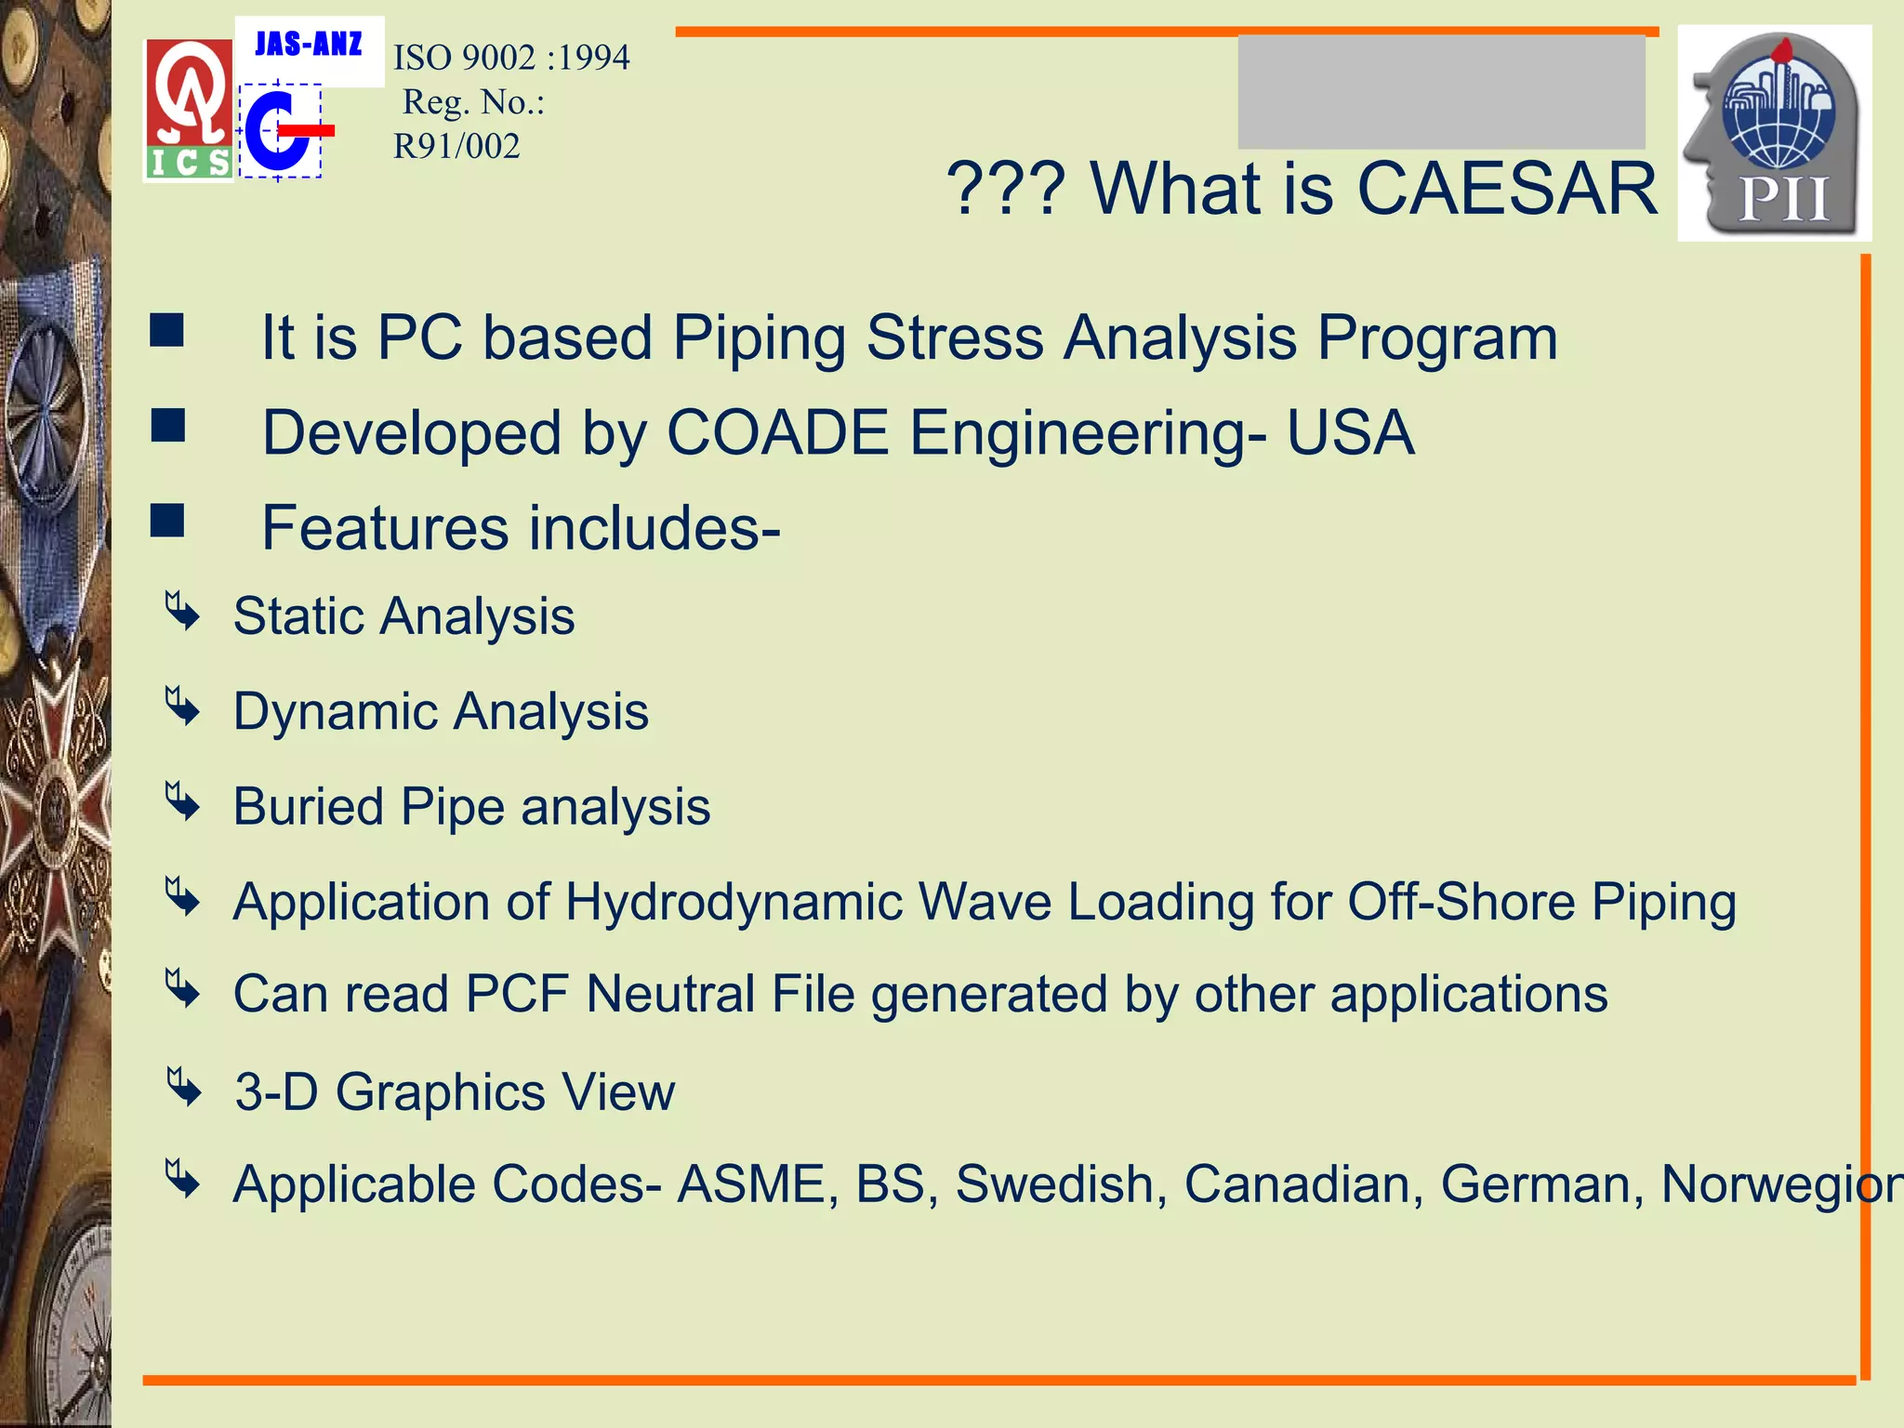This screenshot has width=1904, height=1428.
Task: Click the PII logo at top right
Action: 1774,133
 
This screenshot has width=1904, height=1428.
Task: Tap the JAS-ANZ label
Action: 309,45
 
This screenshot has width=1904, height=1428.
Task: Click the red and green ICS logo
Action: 189,110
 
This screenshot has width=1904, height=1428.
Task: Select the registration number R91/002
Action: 456,146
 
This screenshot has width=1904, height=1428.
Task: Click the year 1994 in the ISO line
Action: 594,58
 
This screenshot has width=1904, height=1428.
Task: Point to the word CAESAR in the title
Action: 1507,189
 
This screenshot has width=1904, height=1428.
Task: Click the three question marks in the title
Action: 1005,189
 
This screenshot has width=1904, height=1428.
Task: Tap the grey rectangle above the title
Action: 1441,91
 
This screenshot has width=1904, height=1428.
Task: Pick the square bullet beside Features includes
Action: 167,521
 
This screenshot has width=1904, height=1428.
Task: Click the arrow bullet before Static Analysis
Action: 182,612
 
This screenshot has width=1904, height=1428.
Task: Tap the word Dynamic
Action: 336,712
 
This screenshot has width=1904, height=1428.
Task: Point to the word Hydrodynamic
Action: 734,902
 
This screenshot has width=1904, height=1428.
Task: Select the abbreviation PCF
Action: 517,994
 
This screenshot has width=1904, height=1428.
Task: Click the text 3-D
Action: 276,1091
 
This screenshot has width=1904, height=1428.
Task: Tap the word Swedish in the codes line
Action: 1055,1184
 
